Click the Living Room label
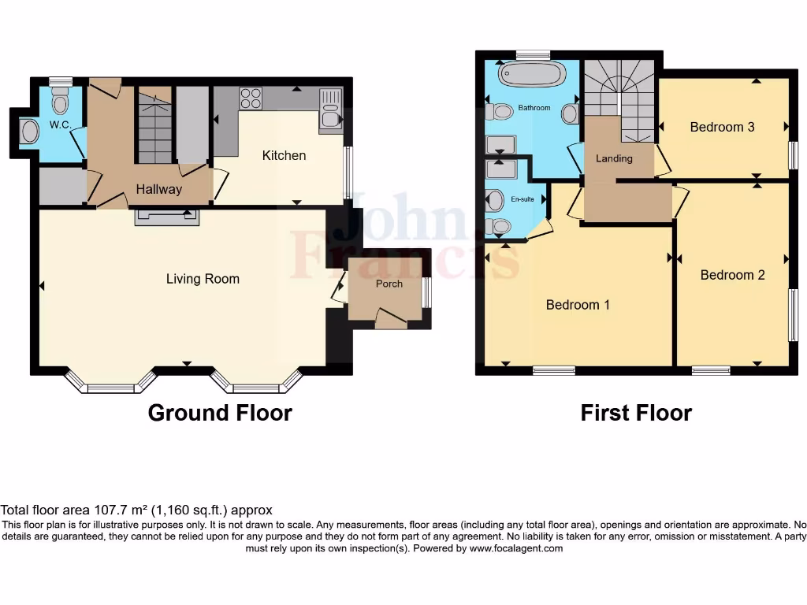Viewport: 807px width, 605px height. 203,279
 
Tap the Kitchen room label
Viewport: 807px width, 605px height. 284,156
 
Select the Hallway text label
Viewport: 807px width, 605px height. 158,189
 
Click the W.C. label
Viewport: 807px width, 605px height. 61,125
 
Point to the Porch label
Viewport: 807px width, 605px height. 389,284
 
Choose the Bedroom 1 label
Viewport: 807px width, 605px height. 578,305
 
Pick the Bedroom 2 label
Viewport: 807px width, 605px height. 732,275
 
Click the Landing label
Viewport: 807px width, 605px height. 614,158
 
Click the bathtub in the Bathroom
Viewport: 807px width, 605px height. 532,75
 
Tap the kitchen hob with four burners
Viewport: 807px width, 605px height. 251,98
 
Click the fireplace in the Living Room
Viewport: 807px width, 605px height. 165,217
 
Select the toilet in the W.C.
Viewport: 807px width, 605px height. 60,101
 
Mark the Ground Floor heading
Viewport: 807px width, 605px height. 220,413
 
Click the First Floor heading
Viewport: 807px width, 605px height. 636,413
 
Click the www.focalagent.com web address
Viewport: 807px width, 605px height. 516,548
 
